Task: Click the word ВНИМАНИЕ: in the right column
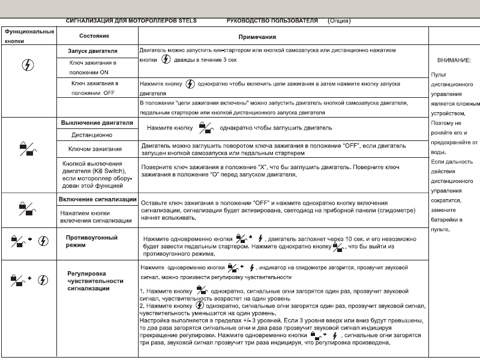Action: pyautogui.click(x=454, y=61)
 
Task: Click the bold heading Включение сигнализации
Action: pyautogui.click(x=98, y=199)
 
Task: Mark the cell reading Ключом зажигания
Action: pyautogui.click(x=96, y=149)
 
